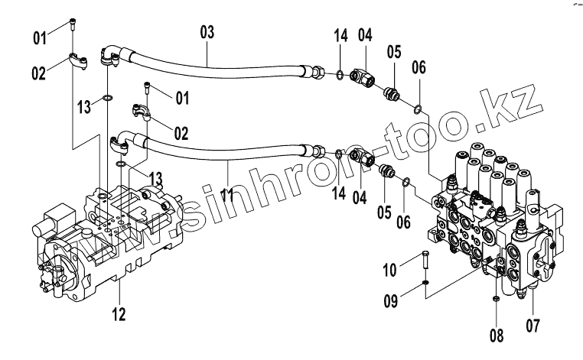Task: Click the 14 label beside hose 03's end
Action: [x=340, y=35]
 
